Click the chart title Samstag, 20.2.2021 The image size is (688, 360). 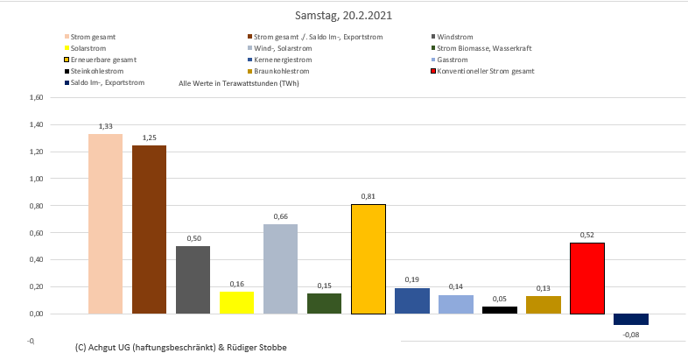[x=343, y=16]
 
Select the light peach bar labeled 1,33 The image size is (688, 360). [x=106, y=223]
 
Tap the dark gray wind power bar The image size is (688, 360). [x=193, y=279]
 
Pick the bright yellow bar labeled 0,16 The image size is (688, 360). [x=236, y=302]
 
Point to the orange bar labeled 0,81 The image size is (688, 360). [x=368, y=258]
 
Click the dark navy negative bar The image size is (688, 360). [x=630, y=319]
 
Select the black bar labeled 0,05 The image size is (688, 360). [x=499, y=310]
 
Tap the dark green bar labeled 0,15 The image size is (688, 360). [x=324, y=303]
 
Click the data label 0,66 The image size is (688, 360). [x=280, y=215]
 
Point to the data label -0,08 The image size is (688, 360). [x=631, y=334]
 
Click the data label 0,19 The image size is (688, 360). [x=411, y=279]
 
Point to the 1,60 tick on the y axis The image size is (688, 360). [x=36, y=98]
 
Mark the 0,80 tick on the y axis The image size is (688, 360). [x=36, y=206]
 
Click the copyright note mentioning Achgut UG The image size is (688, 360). [x=181, y=348]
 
